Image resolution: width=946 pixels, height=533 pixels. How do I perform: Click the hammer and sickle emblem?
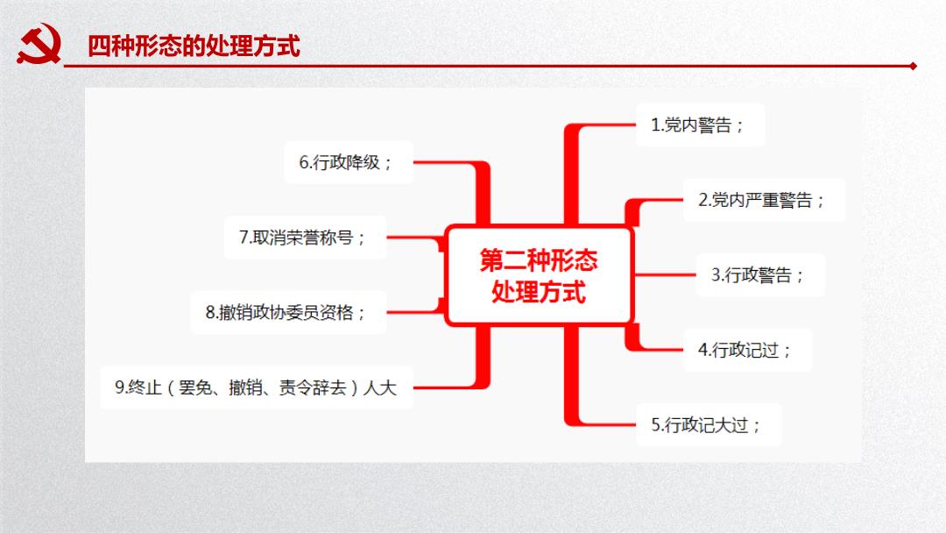tap(39, 44)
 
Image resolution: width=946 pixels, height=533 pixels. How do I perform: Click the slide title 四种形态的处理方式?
tap(194, 46)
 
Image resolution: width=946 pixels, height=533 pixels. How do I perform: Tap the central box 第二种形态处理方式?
tap(538, 275)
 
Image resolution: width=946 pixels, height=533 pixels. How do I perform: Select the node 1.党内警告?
tap(700, 125)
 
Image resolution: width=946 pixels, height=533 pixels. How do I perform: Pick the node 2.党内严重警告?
tap(764, 200)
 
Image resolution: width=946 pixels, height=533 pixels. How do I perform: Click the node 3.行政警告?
tap(760, 275)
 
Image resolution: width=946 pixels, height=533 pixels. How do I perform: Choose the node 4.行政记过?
tap(747, 350)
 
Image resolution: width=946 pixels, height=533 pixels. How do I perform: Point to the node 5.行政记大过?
tap(709, 425)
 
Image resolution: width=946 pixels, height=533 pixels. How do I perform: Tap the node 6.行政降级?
tap(349, 162)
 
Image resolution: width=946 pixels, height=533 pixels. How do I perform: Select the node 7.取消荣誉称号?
tap(306, 238)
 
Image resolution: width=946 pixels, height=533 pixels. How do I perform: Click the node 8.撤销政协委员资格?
tap(288, 312)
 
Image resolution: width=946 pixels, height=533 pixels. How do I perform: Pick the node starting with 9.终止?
tap(257, 387)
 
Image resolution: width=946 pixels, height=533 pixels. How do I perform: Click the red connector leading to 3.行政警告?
tap(664, 274)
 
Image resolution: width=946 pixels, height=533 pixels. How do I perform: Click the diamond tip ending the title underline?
tap(914, 66)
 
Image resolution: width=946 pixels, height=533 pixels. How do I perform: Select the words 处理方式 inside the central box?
tap(538, 292)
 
